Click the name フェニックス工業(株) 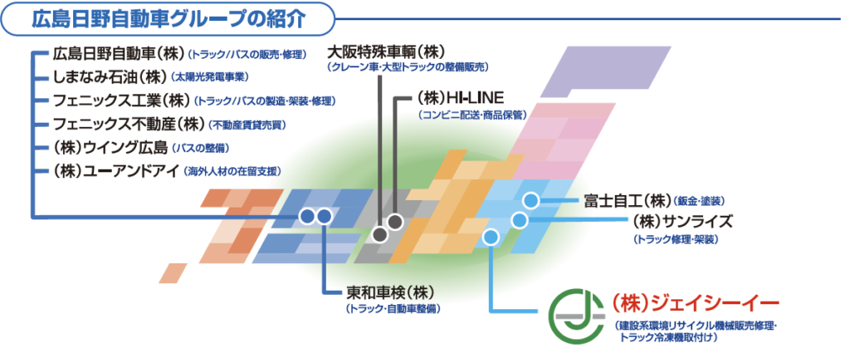pyautogui.click(x=120, y=101)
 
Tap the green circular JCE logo pyautogui.click(x=577, y=316)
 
